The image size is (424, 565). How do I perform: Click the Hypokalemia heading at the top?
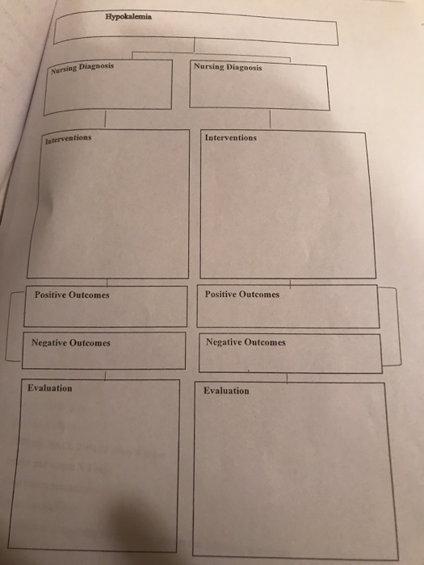pos(128,17)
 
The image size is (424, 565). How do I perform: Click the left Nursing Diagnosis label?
pos(82,68)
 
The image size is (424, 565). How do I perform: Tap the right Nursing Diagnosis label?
pos(228,67)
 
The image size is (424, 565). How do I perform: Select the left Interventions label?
pos(68,139)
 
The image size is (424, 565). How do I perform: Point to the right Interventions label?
pos(231,138)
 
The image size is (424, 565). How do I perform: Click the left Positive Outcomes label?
pos(72,295)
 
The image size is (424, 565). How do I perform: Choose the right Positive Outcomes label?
pos(242,295)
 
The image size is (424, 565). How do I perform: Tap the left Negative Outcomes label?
pos(71,343)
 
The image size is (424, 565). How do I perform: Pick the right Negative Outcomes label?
pos(246,342)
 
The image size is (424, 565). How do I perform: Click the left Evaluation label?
pos(50,388)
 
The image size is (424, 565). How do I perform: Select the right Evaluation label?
pos(226,391)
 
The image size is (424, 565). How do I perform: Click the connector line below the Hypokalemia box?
pos(195,45)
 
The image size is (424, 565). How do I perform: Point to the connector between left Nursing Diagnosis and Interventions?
pos(105,119)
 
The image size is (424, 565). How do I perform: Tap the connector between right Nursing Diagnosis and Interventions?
pos(270,119)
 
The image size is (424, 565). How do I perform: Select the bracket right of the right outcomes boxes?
pos(399,326)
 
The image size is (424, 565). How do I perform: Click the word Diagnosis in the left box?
pos(96,67)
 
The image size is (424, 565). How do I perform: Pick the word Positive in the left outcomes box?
pos(50,295)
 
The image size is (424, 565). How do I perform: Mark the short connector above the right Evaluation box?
pos(287,379)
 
